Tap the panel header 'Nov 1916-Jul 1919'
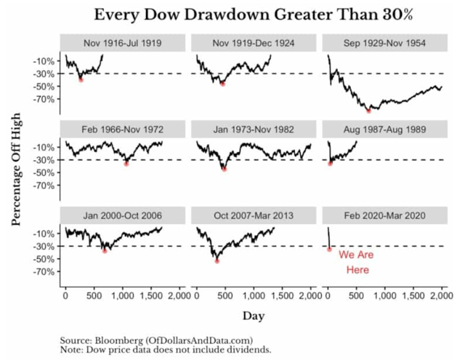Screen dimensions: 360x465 click(123, 43)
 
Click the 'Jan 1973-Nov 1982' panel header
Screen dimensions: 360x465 click(253, 129)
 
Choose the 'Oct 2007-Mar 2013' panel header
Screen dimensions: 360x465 click(253, 216)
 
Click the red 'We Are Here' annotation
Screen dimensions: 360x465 click(355, 263)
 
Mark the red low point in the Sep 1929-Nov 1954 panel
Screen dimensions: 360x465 click(369, 111)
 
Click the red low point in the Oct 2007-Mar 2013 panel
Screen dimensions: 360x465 click(217, 260)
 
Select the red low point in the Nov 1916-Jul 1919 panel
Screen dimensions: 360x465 click(81, 79)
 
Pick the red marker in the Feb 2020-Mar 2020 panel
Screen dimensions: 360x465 click(329, 249)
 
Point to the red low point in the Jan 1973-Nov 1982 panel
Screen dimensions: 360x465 click(224, 169)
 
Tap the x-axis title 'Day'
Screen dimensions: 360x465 click(254, 316)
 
